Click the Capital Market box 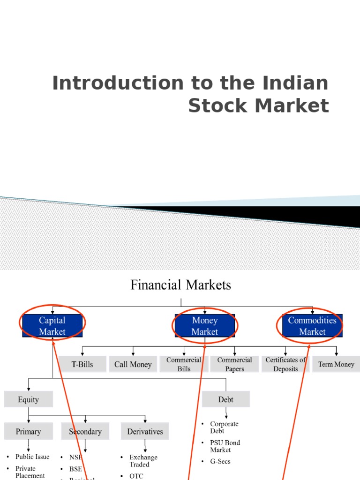point(52,326)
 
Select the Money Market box point(205,326)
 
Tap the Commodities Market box point(312,326)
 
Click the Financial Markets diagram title point(180,285)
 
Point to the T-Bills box point(82,364)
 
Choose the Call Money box point(133,364)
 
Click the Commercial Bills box point(184,364)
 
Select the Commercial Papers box point(234,364)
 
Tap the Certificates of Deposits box point(285,364)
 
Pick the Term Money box point(336,364)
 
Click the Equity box point(29,400)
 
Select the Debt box point(226,400)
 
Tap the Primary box point(29,432)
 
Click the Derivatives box point(145,432)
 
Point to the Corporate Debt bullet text point(224,427)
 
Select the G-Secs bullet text point(220,461)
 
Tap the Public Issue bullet point(32,457)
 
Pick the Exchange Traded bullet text point(143,461)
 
